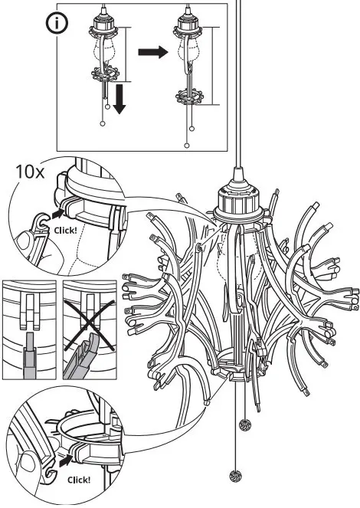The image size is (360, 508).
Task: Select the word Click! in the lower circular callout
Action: [x=77, y=480]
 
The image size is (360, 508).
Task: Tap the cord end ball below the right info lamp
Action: [x=188, y=143]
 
